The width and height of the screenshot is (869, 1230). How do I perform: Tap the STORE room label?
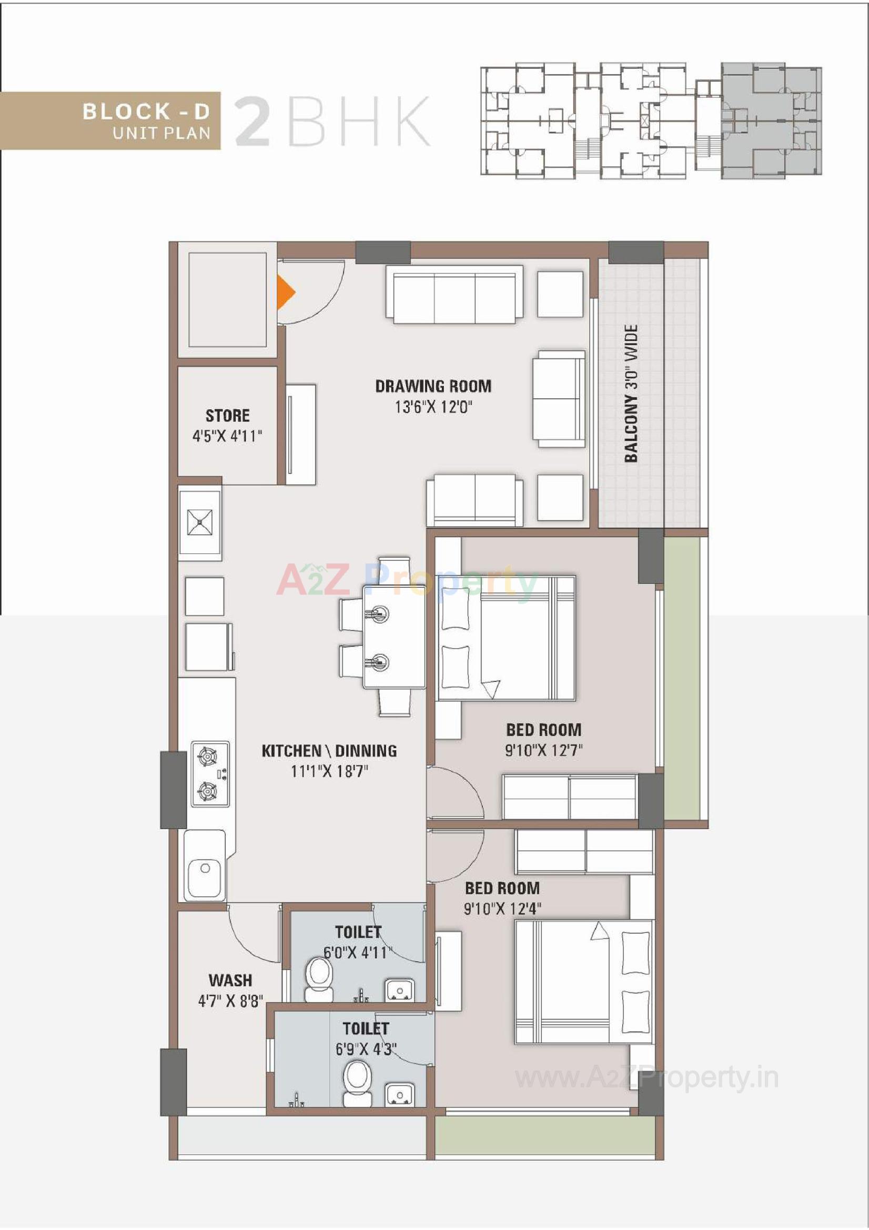(x=228, y=416)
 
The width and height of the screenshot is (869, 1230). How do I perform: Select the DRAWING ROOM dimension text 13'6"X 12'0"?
(x=433, y=407)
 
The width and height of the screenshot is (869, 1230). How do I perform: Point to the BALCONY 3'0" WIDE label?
(x=632, y=394)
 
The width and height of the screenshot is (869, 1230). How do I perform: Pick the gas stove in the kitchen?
(x=209, y=774)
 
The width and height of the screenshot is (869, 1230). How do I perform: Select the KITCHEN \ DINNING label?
(x=329, y=751)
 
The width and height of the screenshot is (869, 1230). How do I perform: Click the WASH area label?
(x=230, y=980)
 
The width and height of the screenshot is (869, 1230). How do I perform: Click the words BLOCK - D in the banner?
(x=146, y=112)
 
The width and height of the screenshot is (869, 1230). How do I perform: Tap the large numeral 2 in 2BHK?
(x=252, y=122)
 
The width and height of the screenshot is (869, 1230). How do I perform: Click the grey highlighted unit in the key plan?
(x=771, y=120)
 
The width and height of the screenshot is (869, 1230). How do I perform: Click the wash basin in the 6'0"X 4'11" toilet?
(x=400, y=989)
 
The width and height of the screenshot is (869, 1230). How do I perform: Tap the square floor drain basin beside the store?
(x=199, y=522)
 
